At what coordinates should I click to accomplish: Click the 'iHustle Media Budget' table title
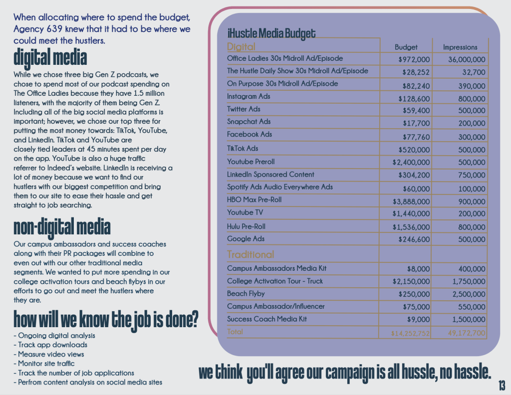coord(271,33)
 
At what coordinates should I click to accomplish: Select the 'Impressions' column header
coord(460,47)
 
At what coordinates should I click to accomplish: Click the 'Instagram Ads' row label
coord(249,96)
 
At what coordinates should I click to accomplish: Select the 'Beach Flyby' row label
coord(246,294)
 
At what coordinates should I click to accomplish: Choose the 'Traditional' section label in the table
coord(251,254)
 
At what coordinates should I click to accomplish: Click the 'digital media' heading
coord(50,58)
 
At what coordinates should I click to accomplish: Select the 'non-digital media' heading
coord(61,227)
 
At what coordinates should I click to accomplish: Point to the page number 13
coord(502,386)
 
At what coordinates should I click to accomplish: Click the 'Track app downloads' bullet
coord(52,345)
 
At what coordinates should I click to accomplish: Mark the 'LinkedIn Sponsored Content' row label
coord(270,175)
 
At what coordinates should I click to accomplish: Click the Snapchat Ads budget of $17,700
coord(416,123)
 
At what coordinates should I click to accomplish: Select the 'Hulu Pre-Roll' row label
coord(246,226)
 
